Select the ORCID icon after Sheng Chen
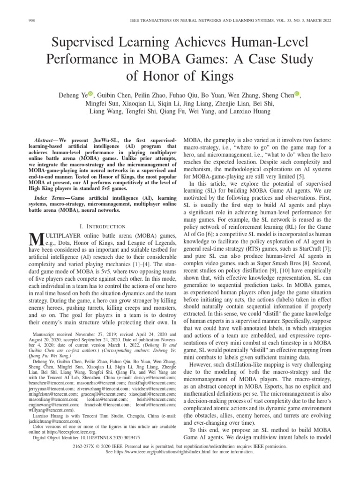(x=297, y=94)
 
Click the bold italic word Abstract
(x=45, y=141)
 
